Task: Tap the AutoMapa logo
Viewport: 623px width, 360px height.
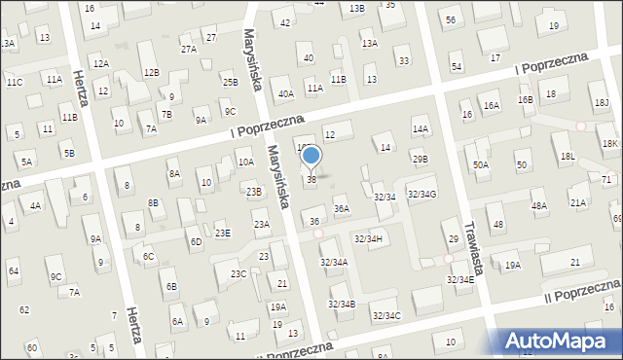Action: click(562, 341)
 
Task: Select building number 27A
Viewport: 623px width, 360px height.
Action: click(188, 49)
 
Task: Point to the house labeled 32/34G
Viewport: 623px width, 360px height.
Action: click(421, 195)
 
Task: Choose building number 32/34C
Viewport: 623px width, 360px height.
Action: click(385, 315)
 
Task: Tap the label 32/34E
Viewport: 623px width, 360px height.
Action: click(460, 279)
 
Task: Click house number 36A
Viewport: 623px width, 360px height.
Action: click(342, 208)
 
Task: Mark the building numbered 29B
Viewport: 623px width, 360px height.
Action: click(420, 159)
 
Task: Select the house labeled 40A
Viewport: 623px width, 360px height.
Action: click(285, 94)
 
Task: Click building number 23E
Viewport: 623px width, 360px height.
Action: click(223, 234)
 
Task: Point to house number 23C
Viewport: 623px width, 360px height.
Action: click(238, 274)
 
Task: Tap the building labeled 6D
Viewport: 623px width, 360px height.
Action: click(196, 241)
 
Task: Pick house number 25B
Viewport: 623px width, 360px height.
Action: click(230, 83)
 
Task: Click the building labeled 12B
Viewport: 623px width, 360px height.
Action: click(151, 72)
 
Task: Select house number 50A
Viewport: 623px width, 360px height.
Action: click(481, 165)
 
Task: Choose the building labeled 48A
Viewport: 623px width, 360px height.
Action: click(538, 205)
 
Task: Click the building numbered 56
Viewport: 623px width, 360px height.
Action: click(450, 20)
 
